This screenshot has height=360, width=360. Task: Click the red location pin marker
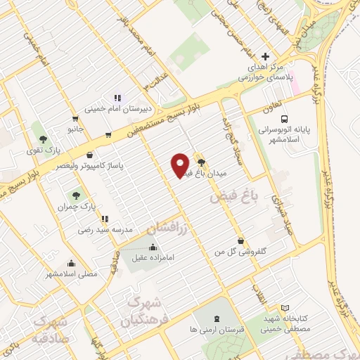coord(181,165)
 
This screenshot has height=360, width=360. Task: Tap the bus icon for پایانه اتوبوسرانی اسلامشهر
coord(285,119)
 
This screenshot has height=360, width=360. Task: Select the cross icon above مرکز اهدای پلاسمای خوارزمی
coord(264,56)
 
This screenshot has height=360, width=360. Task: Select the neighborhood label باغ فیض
coord(228,199)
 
